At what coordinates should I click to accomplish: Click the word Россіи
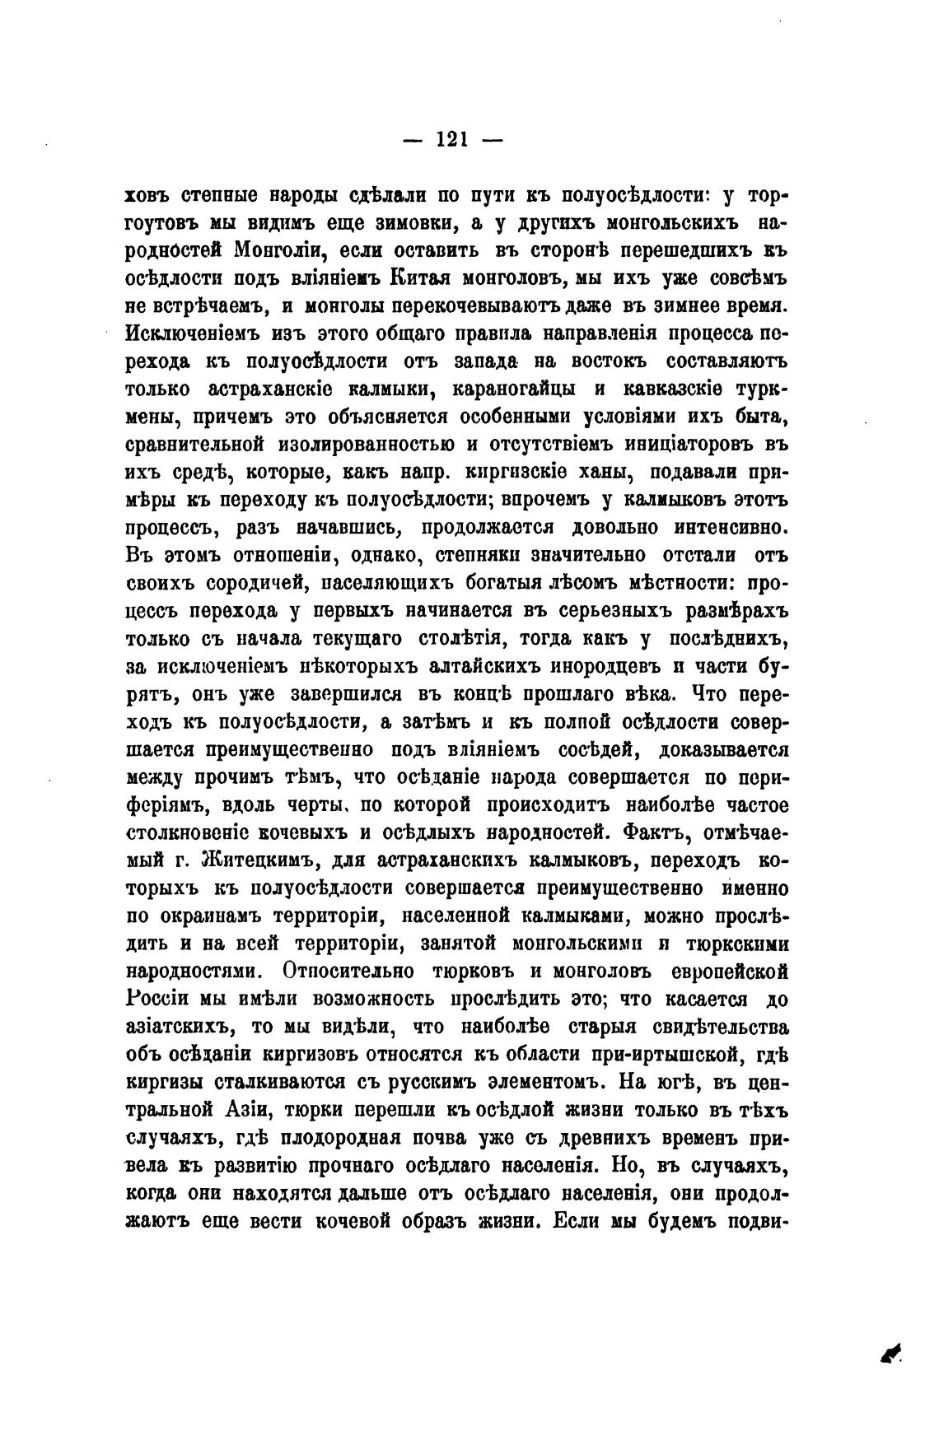pyautogui.click(x=161, y=1000)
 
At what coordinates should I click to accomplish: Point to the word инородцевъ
pyautogui.click(x=617, y=667)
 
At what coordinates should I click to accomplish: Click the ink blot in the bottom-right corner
pyautogui.click(x=890, y=1349)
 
